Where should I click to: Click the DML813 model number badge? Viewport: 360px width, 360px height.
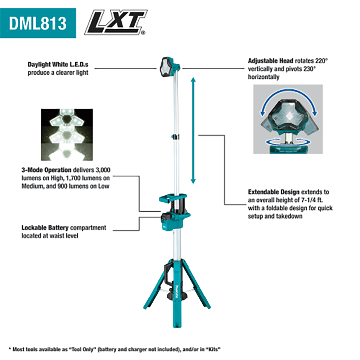(38, 23)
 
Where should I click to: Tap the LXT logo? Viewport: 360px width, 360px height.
(115, 23)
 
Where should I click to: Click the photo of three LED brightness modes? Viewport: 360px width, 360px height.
(67, 135)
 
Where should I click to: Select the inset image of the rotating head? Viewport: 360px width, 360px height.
(288, 119)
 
